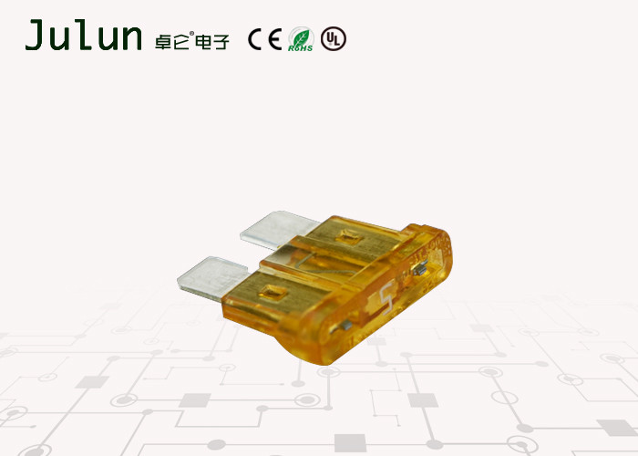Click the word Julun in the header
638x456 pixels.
click(x=84, y=36)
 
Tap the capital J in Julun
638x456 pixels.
click(x=35, y=35)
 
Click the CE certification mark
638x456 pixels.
click(x=265, y=39)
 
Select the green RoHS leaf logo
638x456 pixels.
click(x=301, y=39)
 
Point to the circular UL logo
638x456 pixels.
click(x=334, y=38)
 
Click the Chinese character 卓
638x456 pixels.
click(x=163, y=42)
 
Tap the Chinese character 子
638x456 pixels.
click(x=221, y=42)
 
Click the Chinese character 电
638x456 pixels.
click(x=202, y=42)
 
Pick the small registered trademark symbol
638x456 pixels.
click(x=192, y=34)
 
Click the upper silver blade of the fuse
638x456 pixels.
click(x=280, y=229)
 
